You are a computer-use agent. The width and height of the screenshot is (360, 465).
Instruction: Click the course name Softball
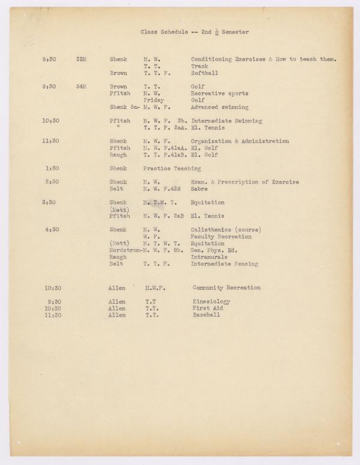point(204,73)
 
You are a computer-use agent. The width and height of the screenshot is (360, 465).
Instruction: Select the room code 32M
point(82,59)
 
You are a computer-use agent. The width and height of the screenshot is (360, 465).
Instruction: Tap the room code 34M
point(82,86)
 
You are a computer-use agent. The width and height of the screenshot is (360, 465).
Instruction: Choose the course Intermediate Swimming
point(226,121)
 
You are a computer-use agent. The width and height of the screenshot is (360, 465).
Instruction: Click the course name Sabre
point(199,189)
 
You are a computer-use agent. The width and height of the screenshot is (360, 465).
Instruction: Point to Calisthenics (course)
point(223,229)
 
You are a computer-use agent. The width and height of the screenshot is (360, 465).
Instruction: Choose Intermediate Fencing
point(224,264)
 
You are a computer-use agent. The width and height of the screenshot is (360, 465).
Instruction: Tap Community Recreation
point(227,288)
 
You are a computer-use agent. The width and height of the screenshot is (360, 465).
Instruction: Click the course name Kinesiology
point(211,302)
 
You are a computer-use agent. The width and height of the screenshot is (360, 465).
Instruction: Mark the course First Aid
point(207,308)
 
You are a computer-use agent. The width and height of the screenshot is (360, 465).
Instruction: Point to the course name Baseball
point(206,315)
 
